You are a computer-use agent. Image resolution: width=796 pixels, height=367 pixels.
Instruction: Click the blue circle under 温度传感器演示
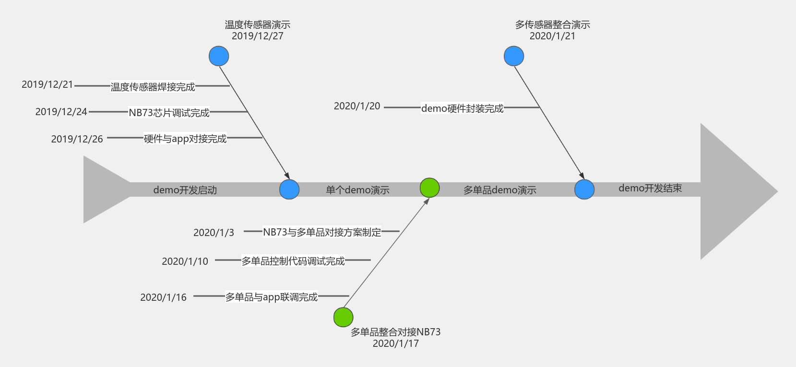[219, 56]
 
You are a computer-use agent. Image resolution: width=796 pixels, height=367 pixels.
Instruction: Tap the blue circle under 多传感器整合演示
[514, 56]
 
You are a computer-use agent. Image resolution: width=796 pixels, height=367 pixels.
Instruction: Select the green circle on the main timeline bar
[429, 188]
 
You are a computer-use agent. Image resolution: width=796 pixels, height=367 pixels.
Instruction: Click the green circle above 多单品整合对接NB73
[343, 317]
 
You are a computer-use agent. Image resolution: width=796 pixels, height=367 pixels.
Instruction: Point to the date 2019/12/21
[48, 84]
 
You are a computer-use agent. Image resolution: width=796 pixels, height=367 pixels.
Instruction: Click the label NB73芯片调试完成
[169, 113]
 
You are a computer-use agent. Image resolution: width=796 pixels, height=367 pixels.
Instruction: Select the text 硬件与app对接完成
[185, 139]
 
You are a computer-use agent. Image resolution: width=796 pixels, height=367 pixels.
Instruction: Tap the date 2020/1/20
[357, 106]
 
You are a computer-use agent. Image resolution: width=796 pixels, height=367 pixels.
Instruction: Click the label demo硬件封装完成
[463, 108]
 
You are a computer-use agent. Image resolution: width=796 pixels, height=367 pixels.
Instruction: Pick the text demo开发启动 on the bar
[185, 190]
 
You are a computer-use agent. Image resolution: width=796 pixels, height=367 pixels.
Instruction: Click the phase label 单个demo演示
[357, 190]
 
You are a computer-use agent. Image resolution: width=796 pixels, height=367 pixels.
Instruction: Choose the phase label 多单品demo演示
[499, 190]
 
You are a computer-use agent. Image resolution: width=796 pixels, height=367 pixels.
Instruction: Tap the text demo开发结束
[650, 188]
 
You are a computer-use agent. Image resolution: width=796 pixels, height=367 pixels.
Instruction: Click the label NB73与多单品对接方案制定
[322, 232]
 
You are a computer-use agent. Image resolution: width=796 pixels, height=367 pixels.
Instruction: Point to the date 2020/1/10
[185, 261]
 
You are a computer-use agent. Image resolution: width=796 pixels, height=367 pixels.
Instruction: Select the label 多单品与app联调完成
[272, 297]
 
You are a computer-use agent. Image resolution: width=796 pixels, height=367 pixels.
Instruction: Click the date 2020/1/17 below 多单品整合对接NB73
[395, 343]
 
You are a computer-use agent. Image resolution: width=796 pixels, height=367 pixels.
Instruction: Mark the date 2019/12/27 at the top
[258, 36]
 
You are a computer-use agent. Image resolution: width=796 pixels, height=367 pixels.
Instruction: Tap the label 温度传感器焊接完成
[153, 87]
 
